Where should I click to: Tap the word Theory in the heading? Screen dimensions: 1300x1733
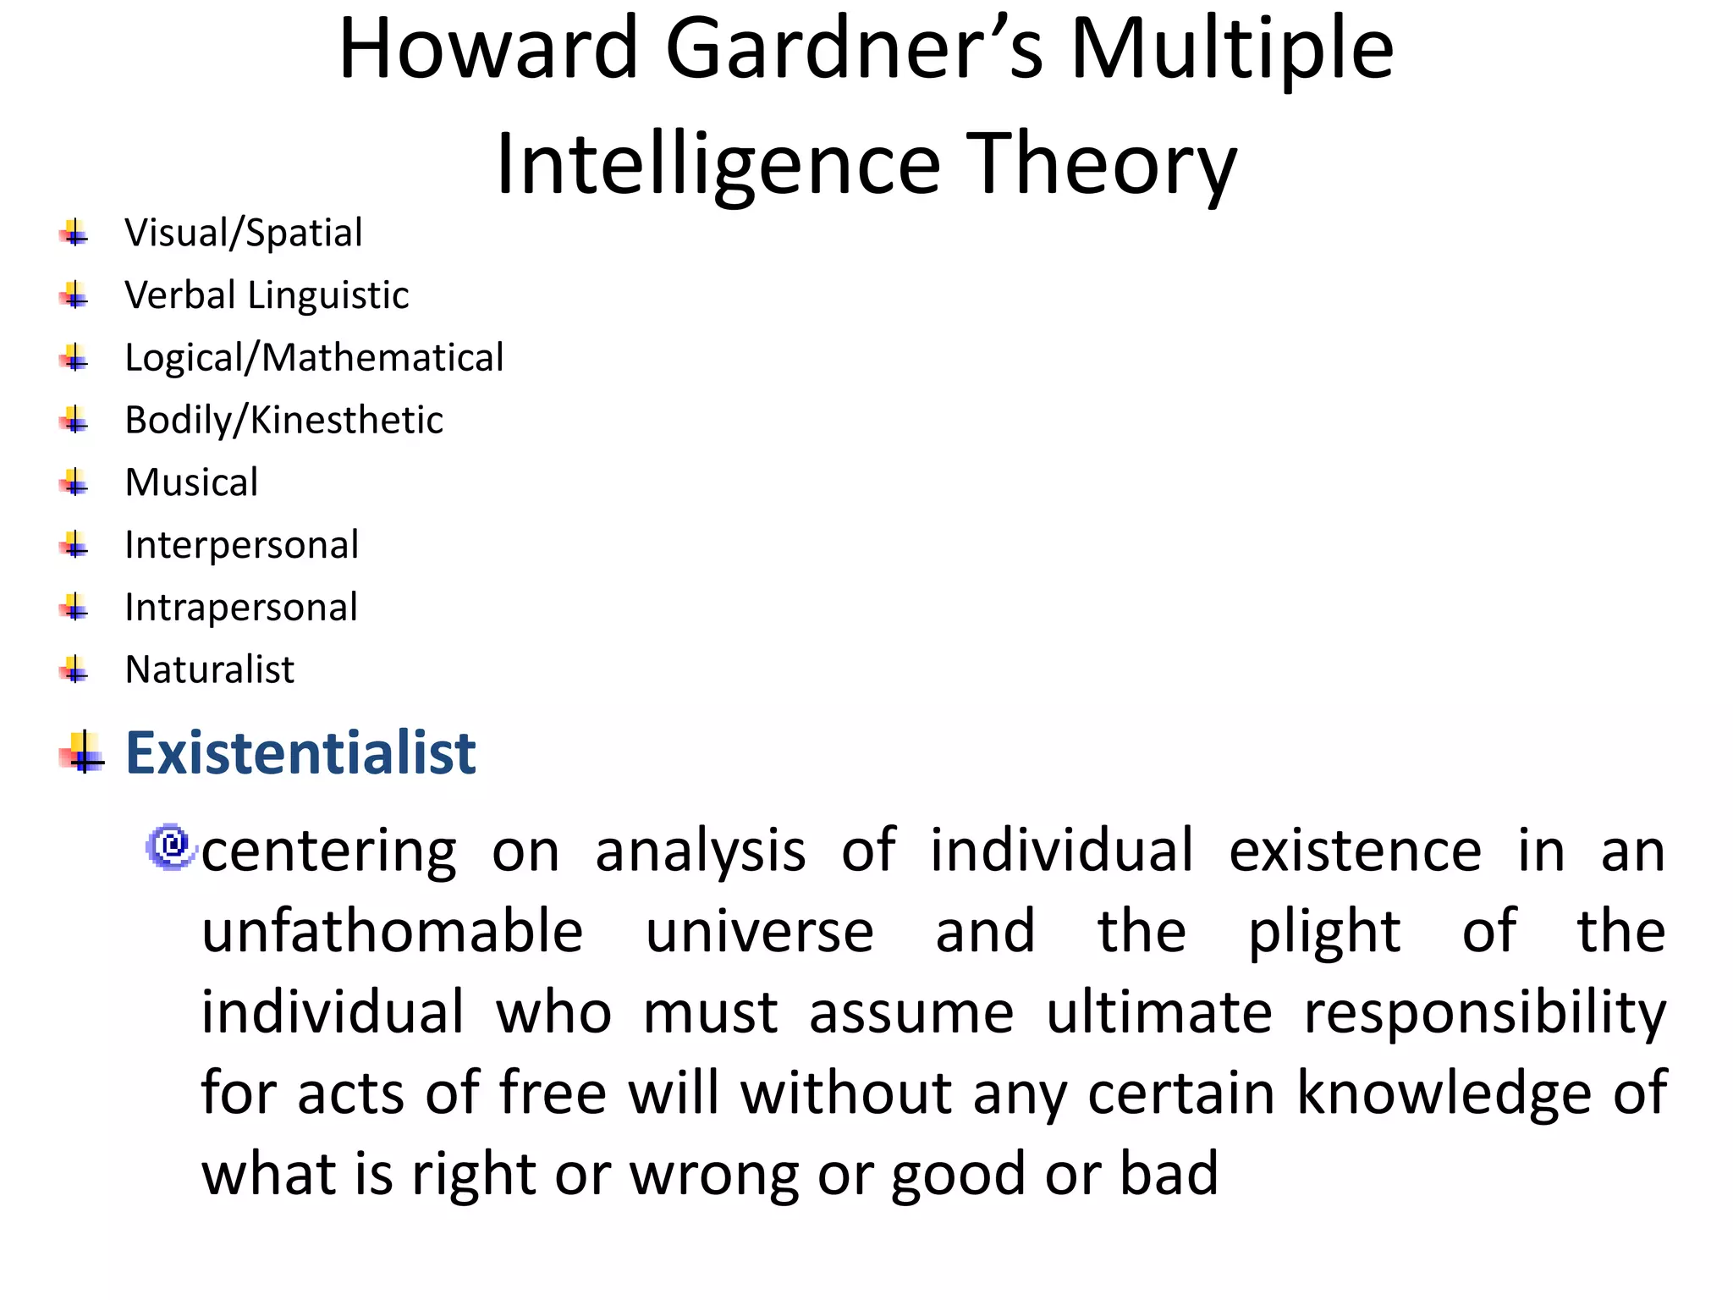[1100, 165]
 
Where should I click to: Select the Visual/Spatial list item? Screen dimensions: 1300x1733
[244, 233]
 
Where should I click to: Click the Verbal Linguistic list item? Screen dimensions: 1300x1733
[267, 295]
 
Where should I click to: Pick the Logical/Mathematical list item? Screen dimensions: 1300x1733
[314, 358]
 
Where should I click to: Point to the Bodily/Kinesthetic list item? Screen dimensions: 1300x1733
[283, 420]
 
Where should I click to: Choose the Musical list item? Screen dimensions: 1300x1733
[191, 482]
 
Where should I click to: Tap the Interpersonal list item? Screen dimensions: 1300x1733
[241, 545]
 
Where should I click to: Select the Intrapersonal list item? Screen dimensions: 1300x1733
[241, 608]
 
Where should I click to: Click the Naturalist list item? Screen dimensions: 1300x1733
[209, 669]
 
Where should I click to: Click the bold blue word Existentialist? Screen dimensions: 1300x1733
[300, 752]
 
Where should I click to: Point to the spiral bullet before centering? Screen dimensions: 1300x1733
[171, 846]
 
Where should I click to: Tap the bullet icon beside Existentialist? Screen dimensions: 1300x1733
[82, 752]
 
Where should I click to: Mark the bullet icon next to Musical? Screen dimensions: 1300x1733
[74, 482]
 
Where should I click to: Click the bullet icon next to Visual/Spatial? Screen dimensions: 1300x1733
[74, 232]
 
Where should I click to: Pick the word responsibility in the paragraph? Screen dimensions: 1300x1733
[1484, 1013]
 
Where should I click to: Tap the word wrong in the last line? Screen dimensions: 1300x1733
[714, 1175]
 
